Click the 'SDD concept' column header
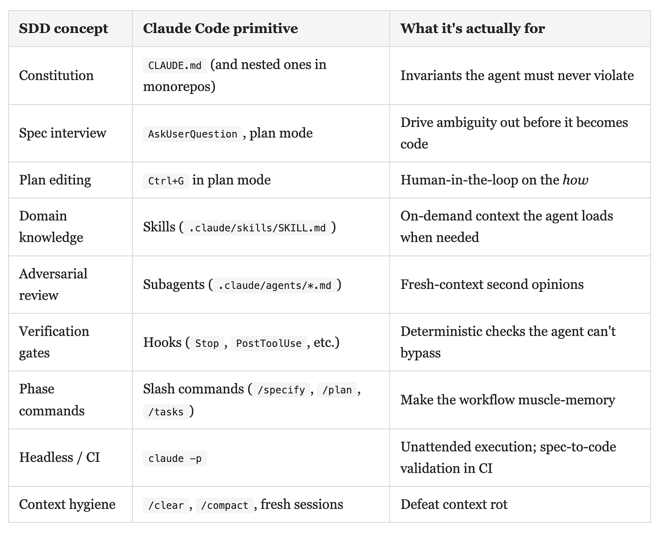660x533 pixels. [x=63, y=28]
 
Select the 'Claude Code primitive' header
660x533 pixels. [x=220, y=28]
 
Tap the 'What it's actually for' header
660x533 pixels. [x=472, y=28]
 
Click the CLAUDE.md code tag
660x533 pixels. [x=175, y=66]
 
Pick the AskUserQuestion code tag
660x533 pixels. [x=192, y=134]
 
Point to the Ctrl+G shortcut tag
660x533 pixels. [x=166, y=181]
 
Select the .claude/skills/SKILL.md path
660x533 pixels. [x=257, y=228]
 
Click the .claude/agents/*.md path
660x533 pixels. [x=274, y=285]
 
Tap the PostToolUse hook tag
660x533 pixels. [x=269, y=343]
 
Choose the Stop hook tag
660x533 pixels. [x=207, y=343]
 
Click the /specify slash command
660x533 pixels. [x=281, y=390]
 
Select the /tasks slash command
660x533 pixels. [x=166, y=412]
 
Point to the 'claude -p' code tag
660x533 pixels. [x=175, y=459]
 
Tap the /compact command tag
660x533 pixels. [x=225, y=506]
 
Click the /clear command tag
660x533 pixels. [x=166, y=506]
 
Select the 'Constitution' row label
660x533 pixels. [x=56, y=75]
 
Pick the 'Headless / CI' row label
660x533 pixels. [x=59, y=458]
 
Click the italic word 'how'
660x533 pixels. [x=575, y=180]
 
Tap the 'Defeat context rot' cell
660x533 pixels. [x=454, y=505]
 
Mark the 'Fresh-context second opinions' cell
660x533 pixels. [x=492, y=285]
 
